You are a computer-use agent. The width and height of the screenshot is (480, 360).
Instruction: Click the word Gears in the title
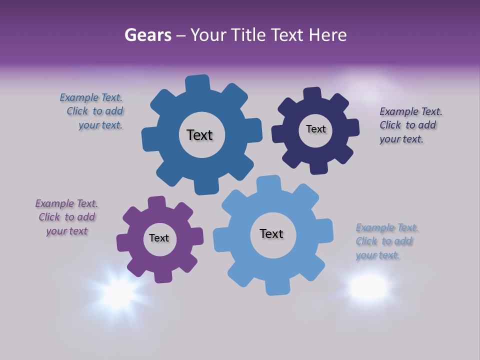[x=147, y=35]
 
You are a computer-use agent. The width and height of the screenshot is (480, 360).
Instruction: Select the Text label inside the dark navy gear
[x=315, y=129]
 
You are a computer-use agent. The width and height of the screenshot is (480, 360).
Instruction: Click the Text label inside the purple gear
[x=159, y=238]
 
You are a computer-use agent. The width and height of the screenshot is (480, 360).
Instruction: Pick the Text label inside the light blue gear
[x=271, y=233]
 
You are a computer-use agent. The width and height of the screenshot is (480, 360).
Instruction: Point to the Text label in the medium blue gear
[x=199, y=135]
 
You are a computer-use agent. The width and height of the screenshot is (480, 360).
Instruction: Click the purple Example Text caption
[x=66, y=217]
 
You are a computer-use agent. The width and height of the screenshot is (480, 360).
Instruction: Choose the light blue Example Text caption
[x=386, y=241]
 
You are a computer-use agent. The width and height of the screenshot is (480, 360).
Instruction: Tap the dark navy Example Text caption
[x=410, y=125]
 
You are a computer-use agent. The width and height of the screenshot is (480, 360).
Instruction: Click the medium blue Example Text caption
[x=92, y=111]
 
